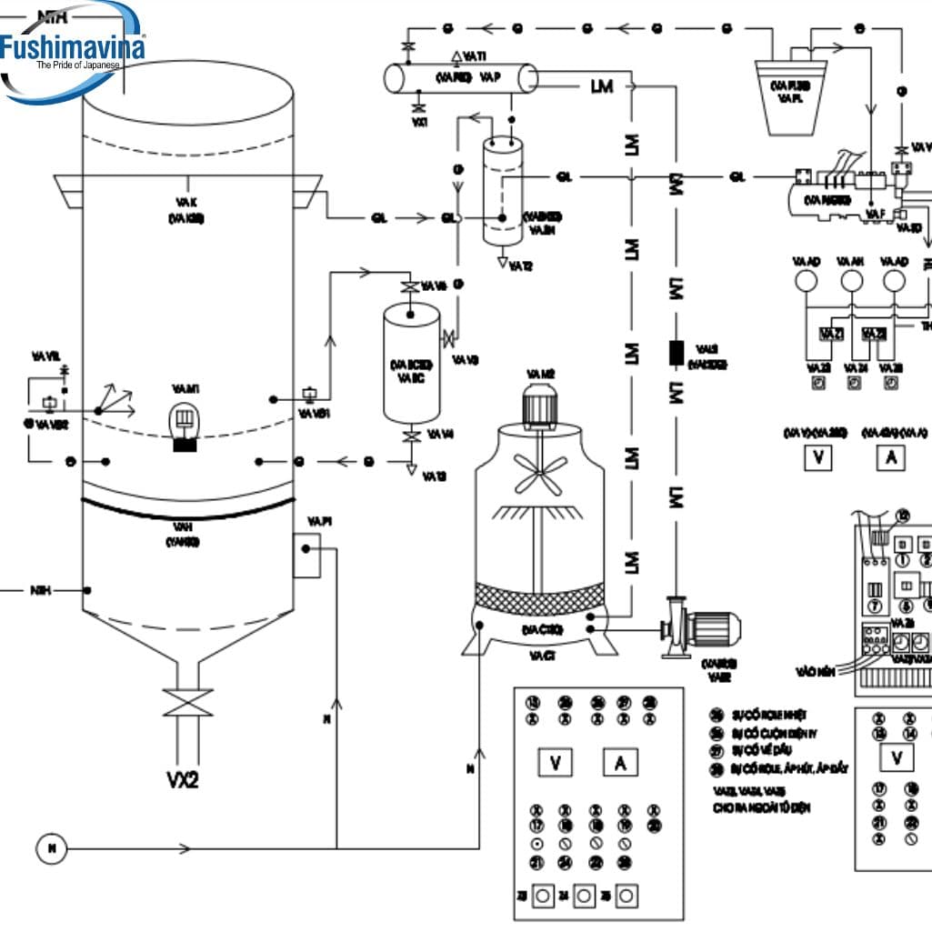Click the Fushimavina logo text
tap(73, 47)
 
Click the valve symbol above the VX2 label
tap(185, 705)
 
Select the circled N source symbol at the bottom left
tap(52, 849)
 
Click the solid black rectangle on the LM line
tap(676, 353)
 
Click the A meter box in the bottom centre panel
tap(620, 764)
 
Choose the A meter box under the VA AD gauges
tap(890, 458)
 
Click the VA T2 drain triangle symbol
tap(502, 262)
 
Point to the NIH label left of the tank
tap(40, 590)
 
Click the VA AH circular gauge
tap(851, 282)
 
